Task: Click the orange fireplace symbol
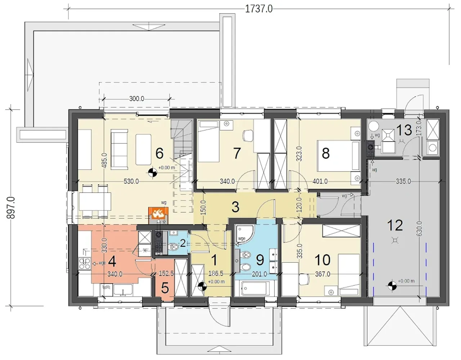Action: (x=158, y=213)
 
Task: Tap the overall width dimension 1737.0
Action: (x=259, y=9)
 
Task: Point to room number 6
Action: (x=160, y=153)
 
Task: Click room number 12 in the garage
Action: (x=395, y=225)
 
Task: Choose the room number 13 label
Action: (x=404, y=130)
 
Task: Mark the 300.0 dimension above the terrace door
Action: (x=136, y=99)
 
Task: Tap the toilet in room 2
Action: (x=174, y=247)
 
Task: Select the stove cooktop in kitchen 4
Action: (x=85, y=263)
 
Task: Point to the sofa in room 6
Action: (x=120, y=150)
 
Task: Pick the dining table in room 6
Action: (x=95, y=201)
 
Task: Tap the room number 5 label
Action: (x=165, y=288)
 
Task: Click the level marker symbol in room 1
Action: (x=202, y=286)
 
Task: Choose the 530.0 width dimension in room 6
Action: (x=131, y=181)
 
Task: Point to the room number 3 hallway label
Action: (x=235, y=207)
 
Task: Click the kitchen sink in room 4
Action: (x=123, y=290)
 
